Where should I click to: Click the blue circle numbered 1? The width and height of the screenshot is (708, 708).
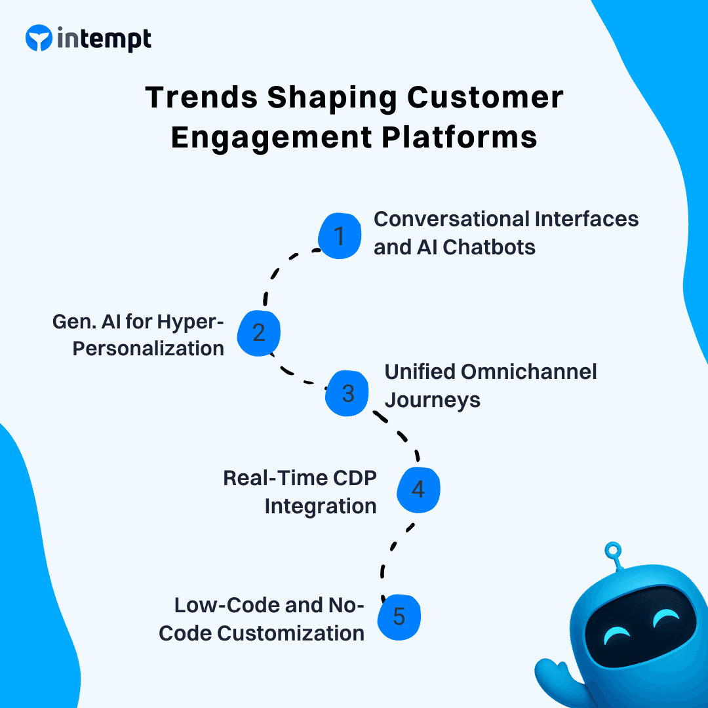coord(340,235)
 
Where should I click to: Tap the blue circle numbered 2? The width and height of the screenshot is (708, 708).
coord(259,333)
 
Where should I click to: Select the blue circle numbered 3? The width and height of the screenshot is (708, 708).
coord(348,393)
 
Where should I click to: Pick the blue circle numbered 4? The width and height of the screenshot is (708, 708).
coord(418,490)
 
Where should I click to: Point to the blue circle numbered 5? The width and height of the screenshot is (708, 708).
coord(399,617)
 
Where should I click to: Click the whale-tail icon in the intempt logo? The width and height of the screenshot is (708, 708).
coord(38,39)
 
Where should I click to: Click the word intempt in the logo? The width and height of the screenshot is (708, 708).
coord(104,39)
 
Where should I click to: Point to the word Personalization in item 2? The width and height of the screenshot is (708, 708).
coord(148,348)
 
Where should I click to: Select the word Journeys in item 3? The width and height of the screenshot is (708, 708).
coord(432,400)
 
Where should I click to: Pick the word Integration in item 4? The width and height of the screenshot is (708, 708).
coord(321,506)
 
